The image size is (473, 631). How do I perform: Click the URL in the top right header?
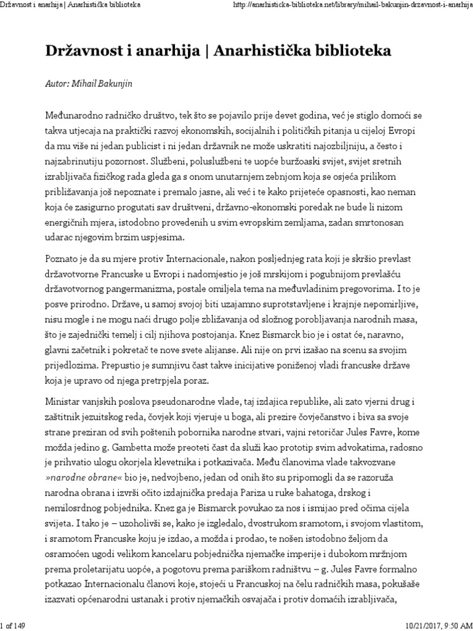pyautogui.click(x=354, y=5)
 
